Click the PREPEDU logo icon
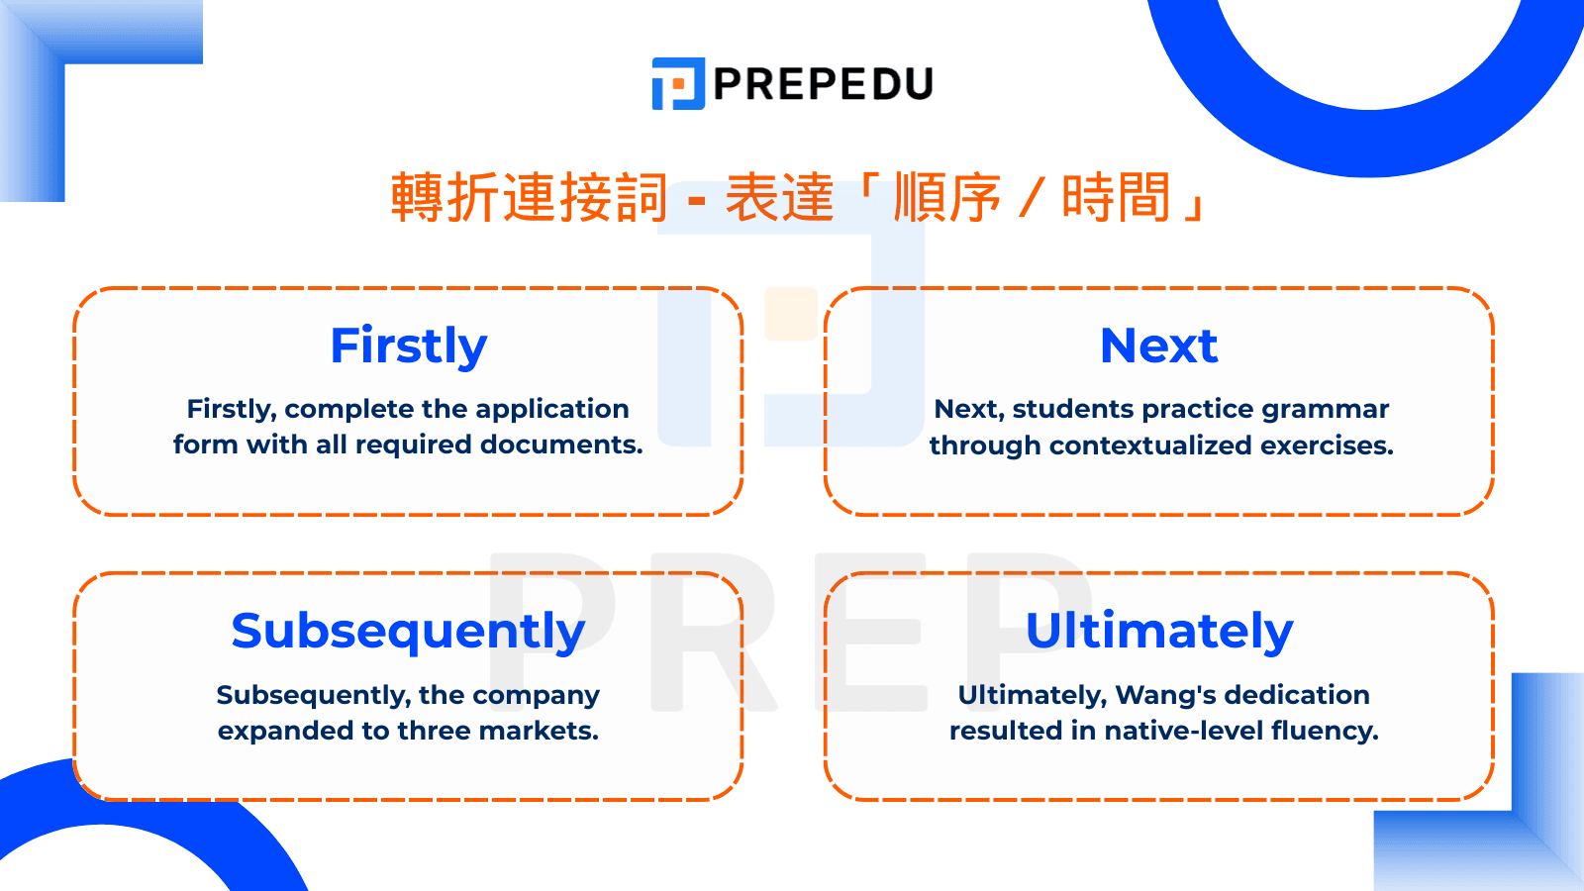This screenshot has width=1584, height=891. (x=678, y=83)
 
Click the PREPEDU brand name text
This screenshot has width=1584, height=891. (x=824, y=84)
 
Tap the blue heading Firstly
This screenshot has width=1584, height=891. (x=409, y=346)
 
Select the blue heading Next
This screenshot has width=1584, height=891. (x=1159, y=346)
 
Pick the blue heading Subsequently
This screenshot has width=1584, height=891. (x=408, y=632)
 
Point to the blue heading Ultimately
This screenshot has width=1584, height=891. (x=1159, y=632)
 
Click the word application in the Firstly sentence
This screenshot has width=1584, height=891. (x=551, y=410)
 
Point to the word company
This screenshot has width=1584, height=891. (x=536, y=696)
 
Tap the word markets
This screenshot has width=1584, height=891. (x=539, y=731)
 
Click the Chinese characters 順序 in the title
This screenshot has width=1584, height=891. (x=947, y=197)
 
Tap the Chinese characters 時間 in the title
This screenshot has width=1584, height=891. (x=1116, y=197)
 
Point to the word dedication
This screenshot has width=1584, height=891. (x=1297, y=695)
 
